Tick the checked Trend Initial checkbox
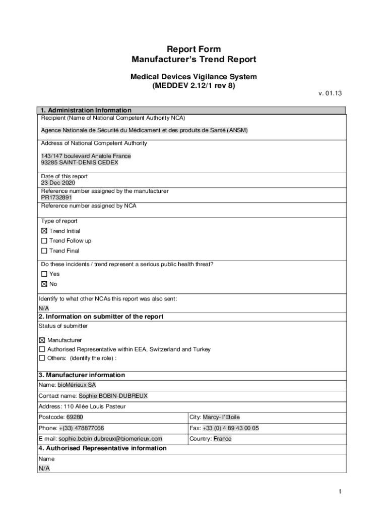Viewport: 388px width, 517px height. (44, 231)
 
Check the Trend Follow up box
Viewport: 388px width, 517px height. (44, 241)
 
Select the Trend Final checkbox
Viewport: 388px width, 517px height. (44, 251)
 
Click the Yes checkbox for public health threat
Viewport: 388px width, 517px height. (44, 274)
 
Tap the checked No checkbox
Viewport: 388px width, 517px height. (44, 284)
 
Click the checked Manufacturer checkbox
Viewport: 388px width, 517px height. (42, 340)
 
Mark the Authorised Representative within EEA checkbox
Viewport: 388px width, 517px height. (42, 349)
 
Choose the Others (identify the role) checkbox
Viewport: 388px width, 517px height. (42, 358)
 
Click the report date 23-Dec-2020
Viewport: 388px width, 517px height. (57, 183)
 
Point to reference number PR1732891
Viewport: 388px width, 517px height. (53, 198)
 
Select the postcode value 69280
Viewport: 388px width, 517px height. (75, 418)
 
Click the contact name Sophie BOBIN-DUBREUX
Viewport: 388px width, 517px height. (113, 396)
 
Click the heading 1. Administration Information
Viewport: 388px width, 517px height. (86, 110)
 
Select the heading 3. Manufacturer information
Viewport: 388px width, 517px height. (82, 375)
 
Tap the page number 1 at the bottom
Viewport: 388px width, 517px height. (341, 492)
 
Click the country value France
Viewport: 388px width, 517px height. (223, 439)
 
